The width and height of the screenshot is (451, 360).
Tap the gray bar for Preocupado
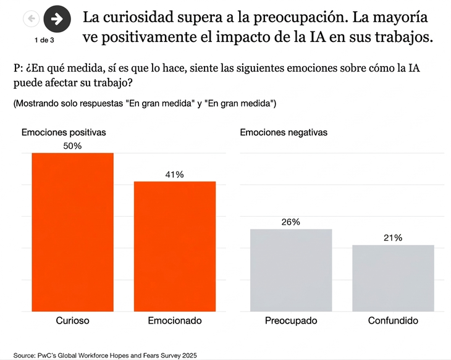(291, 270)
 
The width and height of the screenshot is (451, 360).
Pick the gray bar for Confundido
(393, 278)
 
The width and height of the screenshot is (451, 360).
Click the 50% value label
(72, 146)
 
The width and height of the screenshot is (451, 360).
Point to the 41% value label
(175, 175)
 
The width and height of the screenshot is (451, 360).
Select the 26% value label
(291, 222)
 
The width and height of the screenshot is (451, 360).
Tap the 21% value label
(393, 238)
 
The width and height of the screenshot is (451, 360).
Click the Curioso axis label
(73, 321)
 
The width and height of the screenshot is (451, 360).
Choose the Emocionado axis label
(175, 321)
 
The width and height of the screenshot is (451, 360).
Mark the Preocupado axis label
(291, 321)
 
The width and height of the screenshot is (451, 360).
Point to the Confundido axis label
(393, 321)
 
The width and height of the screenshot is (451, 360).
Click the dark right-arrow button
(57, 19)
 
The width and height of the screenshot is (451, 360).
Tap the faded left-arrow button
(31, 19)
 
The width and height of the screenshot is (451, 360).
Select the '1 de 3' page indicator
(44, 40)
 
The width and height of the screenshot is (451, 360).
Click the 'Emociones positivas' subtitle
(64, 132)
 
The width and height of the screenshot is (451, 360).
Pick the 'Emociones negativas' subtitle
(284, 132)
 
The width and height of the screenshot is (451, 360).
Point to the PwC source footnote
(105, 355)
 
